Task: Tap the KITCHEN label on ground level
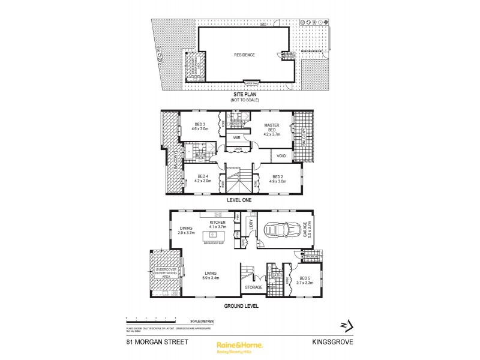pos(217,224)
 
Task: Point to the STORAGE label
pos(253,288)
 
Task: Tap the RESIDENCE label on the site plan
pos(244,55)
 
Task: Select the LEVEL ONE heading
pos(239,201)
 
